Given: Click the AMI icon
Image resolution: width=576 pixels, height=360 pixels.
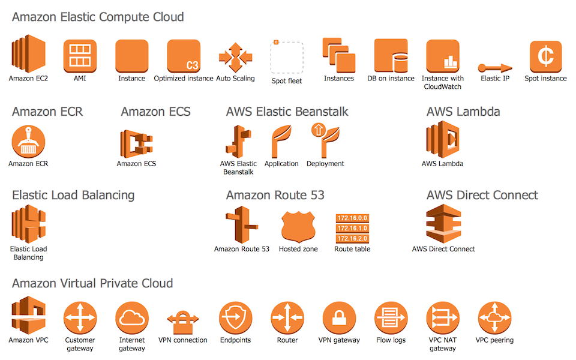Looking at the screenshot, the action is click(80, 56).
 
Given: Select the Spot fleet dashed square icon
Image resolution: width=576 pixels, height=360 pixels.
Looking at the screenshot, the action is click(287, 58).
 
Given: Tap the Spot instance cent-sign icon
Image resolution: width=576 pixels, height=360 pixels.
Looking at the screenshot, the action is click(545, 56).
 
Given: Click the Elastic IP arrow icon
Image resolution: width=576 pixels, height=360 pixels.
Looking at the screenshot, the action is click(495, 68).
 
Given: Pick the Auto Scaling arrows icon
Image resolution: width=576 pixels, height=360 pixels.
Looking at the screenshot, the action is click(235, 58).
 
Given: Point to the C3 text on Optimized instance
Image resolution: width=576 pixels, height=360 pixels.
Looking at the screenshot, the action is click(192, 65).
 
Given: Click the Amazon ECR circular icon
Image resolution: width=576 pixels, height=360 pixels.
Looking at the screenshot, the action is click(28, 142).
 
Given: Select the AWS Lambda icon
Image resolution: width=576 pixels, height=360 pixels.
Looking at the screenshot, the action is click(443, 140).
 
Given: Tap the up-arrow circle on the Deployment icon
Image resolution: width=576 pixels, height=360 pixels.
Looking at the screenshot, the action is click(318, 130).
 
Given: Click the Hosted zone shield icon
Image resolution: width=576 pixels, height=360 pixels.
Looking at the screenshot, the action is click(298, 227).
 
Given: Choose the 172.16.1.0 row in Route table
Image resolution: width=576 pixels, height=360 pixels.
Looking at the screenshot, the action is click(352, 228).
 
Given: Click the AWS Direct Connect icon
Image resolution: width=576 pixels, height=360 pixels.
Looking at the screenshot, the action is click(443, 224).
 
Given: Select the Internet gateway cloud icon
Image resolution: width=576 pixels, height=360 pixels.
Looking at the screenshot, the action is click(132, 318).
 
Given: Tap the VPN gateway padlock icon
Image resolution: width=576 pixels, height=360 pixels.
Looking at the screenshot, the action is click(339, 318).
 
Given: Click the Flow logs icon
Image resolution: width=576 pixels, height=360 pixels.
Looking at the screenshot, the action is click(391, 318).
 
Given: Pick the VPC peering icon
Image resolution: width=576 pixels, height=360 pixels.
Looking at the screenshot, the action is click(494, 318).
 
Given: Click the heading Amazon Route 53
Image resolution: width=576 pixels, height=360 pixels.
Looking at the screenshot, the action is click(275, 195).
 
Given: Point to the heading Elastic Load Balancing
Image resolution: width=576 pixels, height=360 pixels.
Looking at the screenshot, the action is click(73, 196).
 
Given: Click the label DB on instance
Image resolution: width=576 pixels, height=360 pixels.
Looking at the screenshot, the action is click(391, 78).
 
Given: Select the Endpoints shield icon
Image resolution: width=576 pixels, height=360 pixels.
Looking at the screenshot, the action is click(235, 318).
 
